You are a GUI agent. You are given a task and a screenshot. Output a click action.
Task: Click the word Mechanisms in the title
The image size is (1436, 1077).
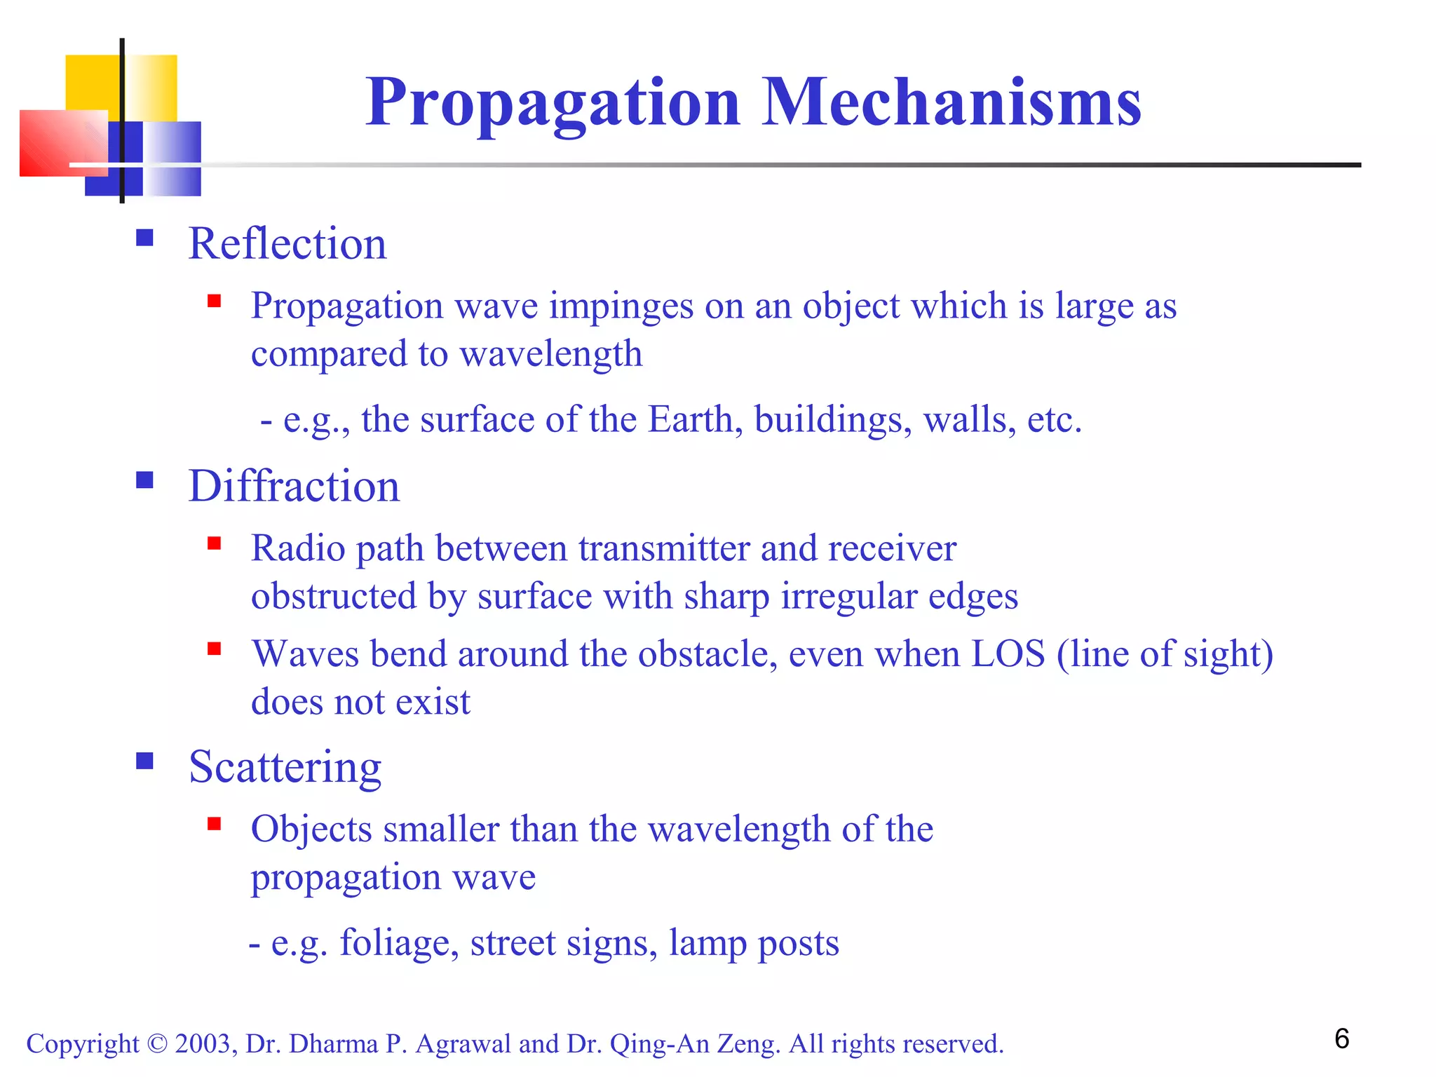[951, 102]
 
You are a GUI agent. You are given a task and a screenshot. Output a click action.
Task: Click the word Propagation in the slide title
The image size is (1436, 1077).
[553, 102]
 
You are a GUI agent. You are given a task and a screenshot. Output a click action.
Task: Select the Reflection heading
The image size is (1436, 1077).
[287, 244]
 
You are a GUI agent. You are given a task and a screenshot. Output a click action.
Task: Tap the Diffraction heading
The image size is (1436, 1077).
[294, 486]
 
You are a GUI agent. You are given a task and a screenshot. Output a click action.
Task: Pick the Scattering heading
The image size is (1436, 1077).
[285, 766]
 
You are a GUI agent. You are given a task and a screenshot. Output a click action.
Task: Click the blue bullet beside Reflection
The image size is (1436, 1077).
[145, 238]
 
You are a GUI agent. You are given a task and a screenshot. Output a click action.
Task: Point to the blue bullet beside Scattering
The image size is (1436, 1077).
[145, 761]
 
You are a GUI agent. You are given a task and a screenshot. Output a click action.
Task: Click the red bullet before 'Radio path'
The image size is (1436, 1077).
[215, 543]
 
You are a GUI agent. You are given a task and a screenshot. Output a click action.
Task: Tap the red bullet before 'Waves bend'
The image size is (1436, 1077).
[215, 649]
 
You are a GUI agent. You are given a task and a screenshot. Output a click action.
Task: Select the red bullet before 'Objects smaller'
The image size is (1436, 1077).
[215, 824]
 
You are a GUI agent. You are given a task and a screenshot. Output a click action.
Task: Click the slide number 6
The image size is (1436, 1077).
[1341, 1039]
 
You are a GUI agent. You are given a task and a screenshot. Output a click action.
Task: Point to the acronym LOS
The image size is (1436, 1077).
[1008, 654]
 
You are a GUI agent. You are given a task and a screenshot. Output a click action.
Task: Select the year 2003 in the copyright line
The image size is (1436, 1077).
[203, 1044]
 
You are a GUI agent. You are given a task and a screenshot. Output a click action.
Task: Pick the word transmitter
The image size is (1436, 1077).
[664, 548]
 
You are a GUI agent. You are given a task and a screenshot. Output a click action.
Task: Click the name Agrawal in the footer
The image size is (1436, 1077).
[463, 1044]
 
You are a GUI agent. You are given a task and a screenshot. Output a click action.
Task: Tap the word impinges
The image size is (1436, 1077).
[621, 306]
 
